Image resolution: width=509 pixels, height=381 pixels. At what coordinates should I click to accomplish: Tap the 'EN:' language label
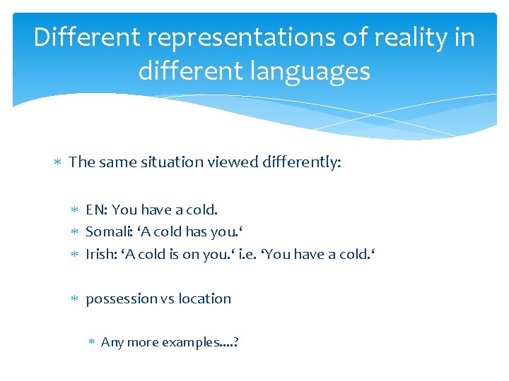pos(97,210)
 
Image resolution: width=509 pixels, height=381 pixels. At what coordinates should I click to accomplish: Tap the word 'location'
pos(204,299)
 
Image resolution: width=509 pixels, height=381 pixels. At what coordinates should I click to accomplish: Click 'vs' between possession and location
pos(167,299)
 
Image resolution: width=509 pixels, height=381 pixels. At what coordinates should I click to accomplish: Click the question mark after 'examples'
pos(235,342)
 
